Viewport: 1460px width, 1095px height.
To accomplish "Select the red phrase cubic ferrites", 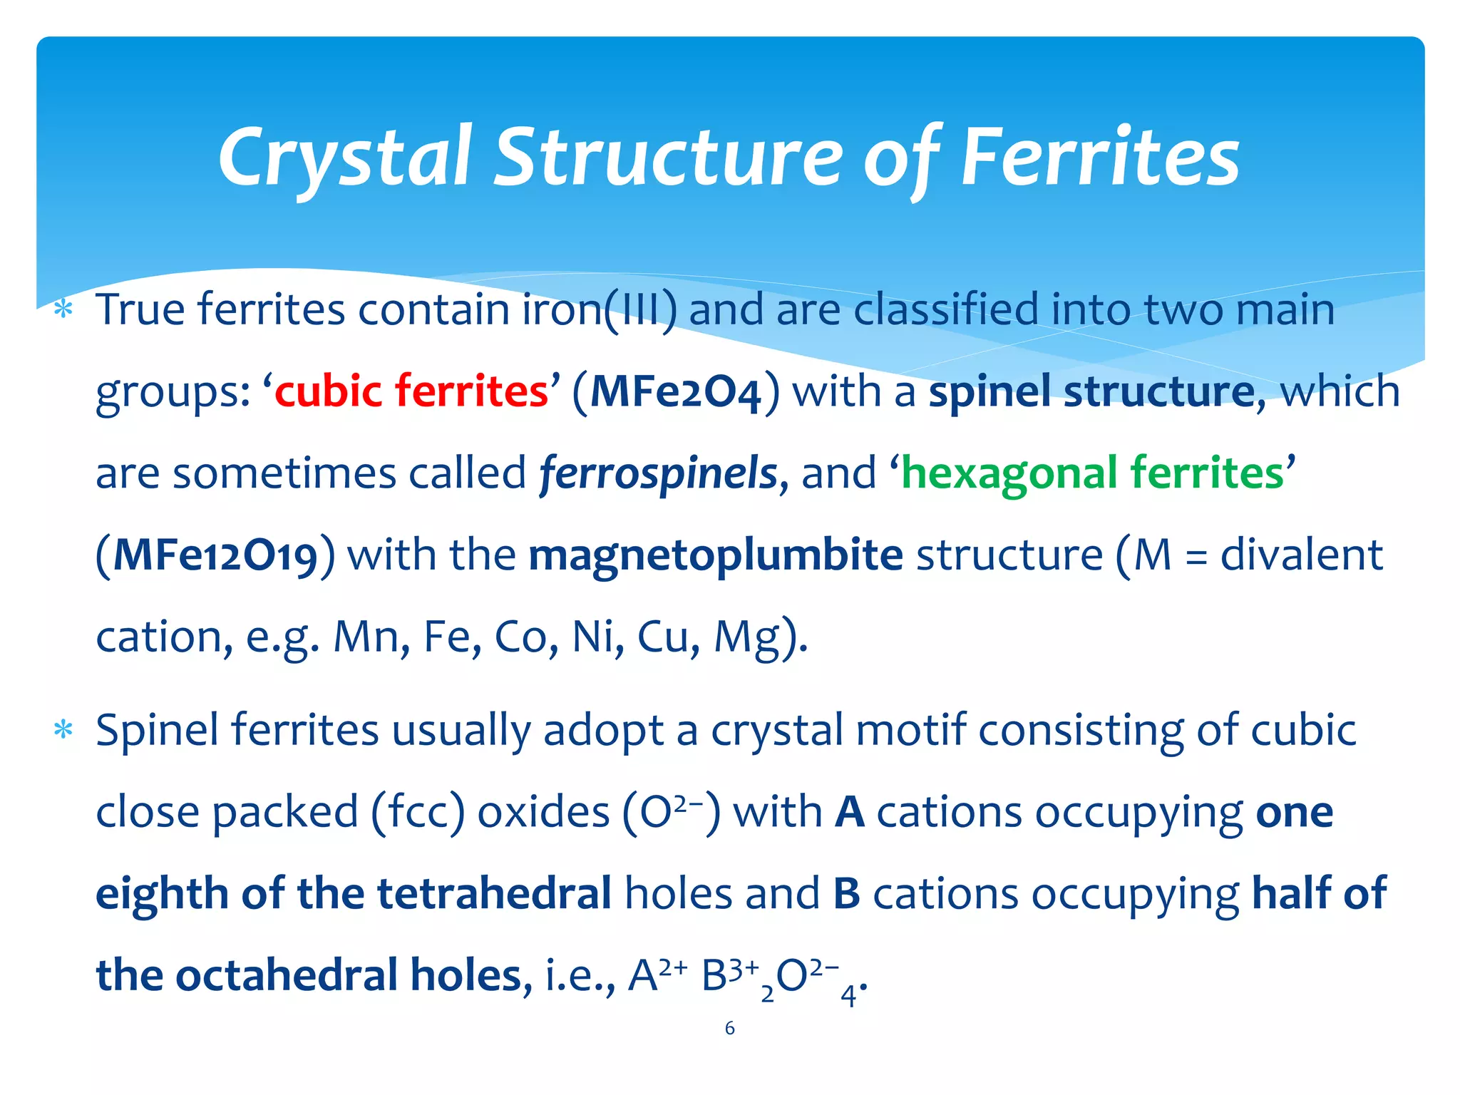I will click(411, 391).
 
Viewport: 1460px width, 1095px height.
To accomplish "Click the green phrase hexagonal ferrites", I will click(1093, 473).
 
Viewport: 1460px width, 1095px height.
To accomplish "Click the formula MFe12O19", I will click(215, 556).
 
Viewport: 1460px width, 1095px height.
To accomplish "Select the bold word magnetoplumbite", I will click(716, 555).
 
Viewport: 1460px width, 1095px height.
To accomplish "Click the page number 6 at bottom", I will click(729, 1028).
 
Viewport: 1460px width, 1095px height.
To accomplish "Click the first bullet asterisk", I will click(63, 310).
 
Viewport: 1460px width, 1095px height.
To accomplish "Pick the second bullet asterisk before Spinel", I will click(63, 731).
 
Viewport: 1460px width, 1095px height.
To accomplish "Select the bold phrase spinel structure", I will click(1091, 391).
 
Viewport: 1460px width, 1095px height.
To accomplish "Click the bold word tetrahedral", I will click(494, 894).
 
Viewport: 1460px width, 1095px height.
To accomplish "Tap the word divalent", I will click(1301, 555).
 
